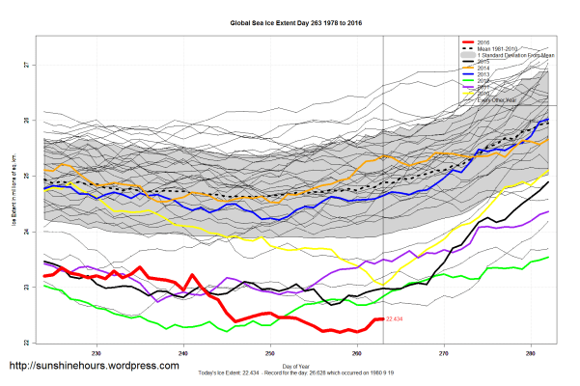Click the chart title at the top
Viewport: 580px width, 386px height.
[x=290, y=21]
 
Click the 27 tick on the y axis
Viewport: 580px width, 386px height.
[x=28, y=65]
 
